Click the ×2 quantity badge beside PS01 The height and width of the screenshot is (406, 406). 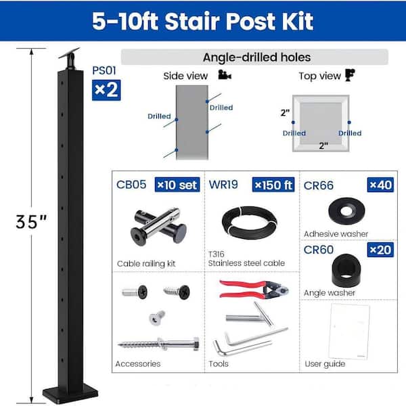point(106,90)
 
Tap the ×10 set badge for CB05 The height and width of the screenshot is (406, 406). point(177,185)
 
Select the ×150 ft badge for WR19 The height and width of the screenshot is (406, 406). point(273,185)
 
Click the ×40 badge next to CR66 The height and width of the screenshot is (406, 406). point(380,185)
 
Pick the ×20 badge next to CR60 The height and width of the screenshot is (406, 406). point(380,250)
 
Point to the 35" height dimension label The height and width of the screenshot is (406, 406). point(31,222)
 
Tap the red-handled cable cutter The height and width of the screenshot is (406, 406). point(254,289)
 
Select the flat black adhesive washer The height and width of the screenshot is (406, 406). point(346,211)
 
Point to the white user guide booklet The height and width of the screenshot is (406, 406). point(349,332)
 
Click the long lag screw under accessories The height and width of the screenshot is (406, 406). point(158,344)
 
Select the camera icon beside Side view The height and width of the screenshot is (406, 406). point(225,75)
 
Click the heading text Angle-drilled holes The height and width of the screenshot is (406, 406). point(256,58)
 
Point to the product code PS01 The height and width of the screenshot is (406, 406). point(104,70)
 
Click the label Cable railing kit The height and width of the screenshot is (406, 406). point(146,264)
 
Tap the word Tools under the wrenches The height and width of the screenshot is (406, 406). point(219,364)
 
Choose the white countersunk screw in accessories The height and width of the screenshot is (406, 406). point(156,317)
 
